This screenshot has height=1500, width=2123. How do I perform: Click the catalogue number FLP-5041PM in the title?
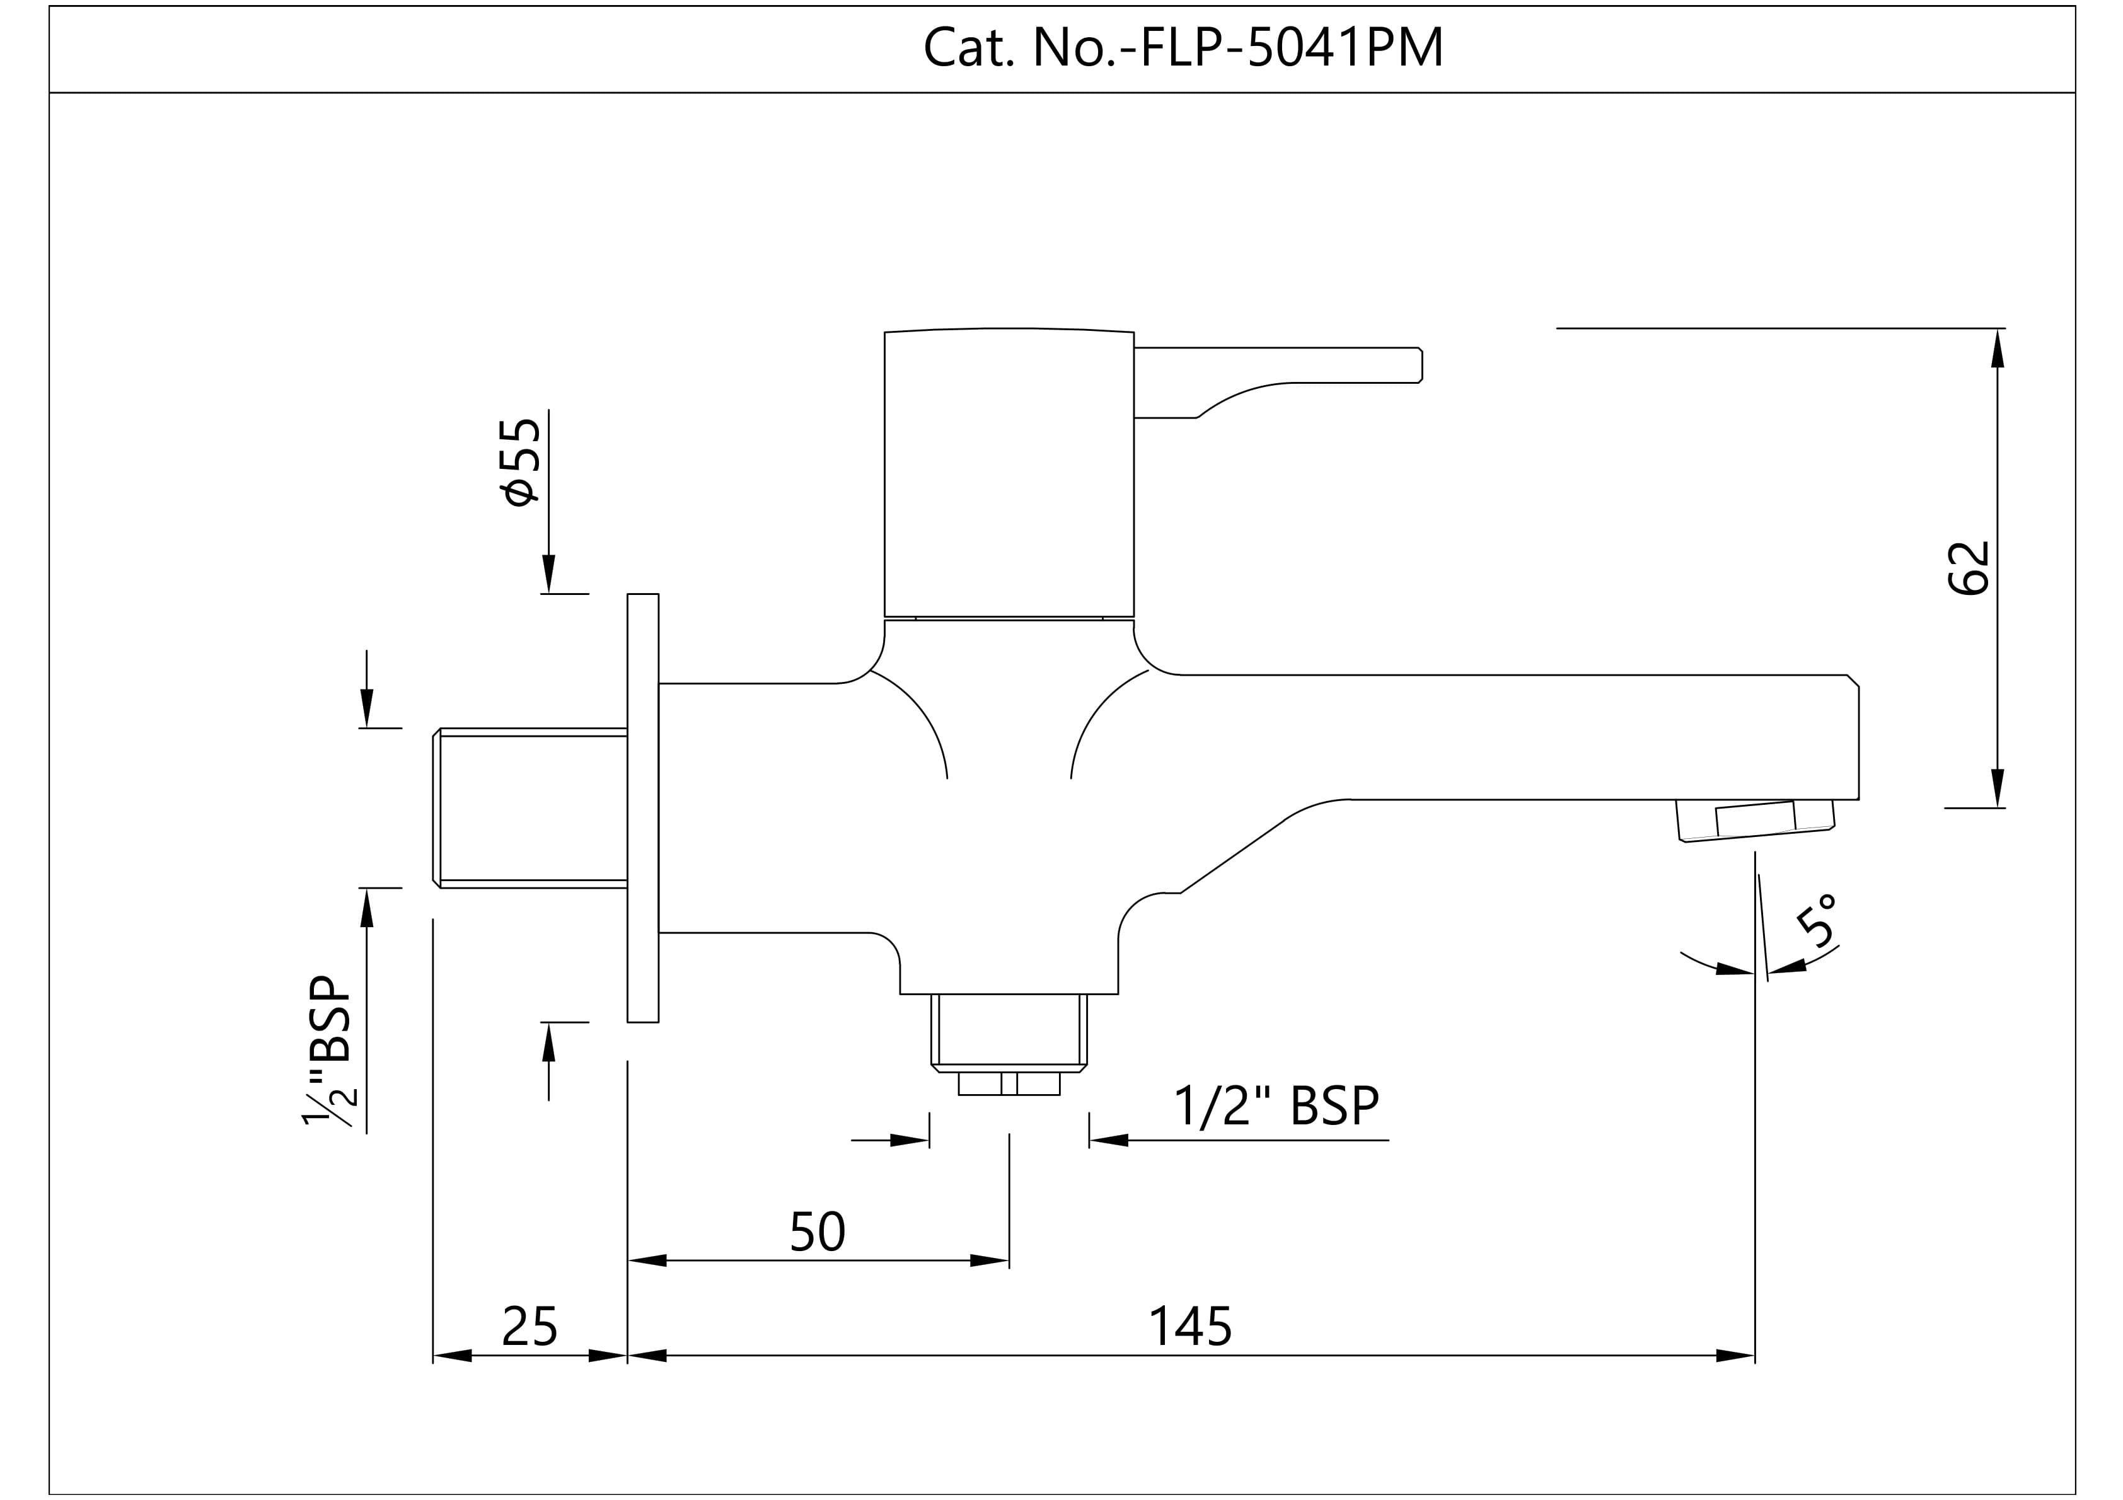[1292, 48]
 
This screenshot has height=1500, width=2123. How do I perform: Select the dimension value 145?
[1190, 1327]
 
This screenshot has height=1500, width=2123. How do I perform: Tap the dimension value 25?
[530, 1327]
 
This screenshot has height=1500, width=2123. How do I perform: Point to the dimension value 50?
[818, 1231]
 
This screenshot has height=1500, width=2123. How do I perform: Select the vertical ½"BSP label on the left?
[328, 1051]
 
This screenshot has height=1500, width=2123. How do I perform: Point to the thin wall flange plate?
[642, 807]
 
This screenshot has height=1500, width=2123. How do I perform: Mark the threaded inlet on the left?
[530, 807]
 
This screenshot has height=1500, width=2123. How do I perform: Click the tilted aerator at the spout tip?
[1755, 821]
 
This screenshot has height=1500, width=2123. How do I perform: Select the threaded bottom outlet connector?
[1009, 1033]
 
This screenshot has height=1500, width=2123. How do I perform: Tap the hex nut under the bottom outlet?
[1009, 1084]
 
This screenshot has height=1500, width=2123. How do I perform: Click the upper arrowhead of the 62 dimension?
[1998, 348]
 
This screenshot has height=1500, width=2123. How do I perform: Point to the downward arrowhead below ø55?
[549, 574]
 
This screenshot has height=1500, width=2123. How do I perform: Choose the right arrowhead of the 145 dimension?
[1735, 1356]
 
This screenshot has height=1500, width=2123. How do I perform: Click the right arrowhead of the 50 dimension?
[990, 1261]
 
